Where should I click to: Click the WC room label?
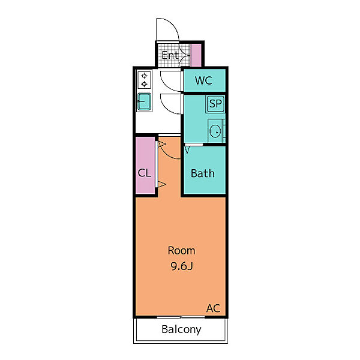(203, 80)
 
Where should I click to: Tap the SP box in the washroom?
(215, 104)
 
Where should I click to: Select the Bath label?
(203, 173)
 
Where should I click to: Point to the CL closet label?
(145, 173)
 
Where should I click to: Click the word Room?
(181, 250)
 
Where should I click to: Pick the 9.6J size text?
(182, 266)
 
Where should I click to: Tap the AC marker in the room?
(213, 308)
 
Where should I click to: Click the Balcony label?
(181, 329)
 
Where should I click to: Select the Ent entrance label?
(170, 55)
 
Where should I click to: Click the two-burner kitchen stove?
(144, 80)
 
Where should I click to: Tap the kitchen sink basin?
(144, 101)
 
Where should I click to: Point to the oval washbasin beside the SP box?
(215, 131)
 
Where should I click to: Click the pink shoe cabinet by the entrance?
(196, 55)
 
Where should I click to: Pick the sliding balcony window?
(181, 317)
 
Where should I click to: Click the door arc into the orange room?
(166, 153)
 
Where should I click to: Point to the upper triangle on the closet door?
(162, 145)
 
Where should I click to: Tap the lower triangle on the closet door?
(162, 184)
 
